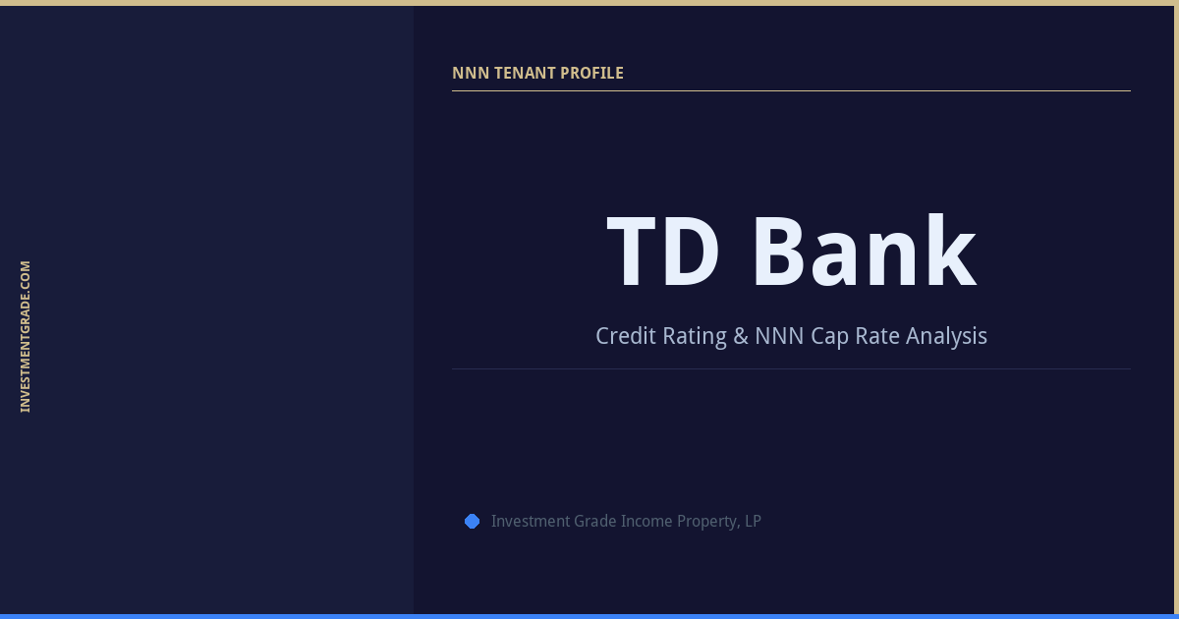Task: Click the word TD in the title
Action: click(663, 253)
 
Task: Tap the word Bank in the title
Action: click(864, 253)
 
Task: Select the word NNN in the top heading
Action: click(470, 73)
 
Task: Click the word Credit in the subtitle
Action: click(626, 336)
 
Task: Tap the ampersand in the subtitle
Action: click(742, 336)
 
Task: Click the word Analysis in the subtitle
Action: click(946, 336)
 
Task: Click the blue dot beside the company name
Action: click(472, 521)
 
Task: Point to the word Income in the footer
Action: click(647, 521)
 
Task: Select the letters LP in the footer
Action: click(753, 521)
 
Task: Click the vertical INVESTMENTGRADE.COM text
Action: click(26, 336)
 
